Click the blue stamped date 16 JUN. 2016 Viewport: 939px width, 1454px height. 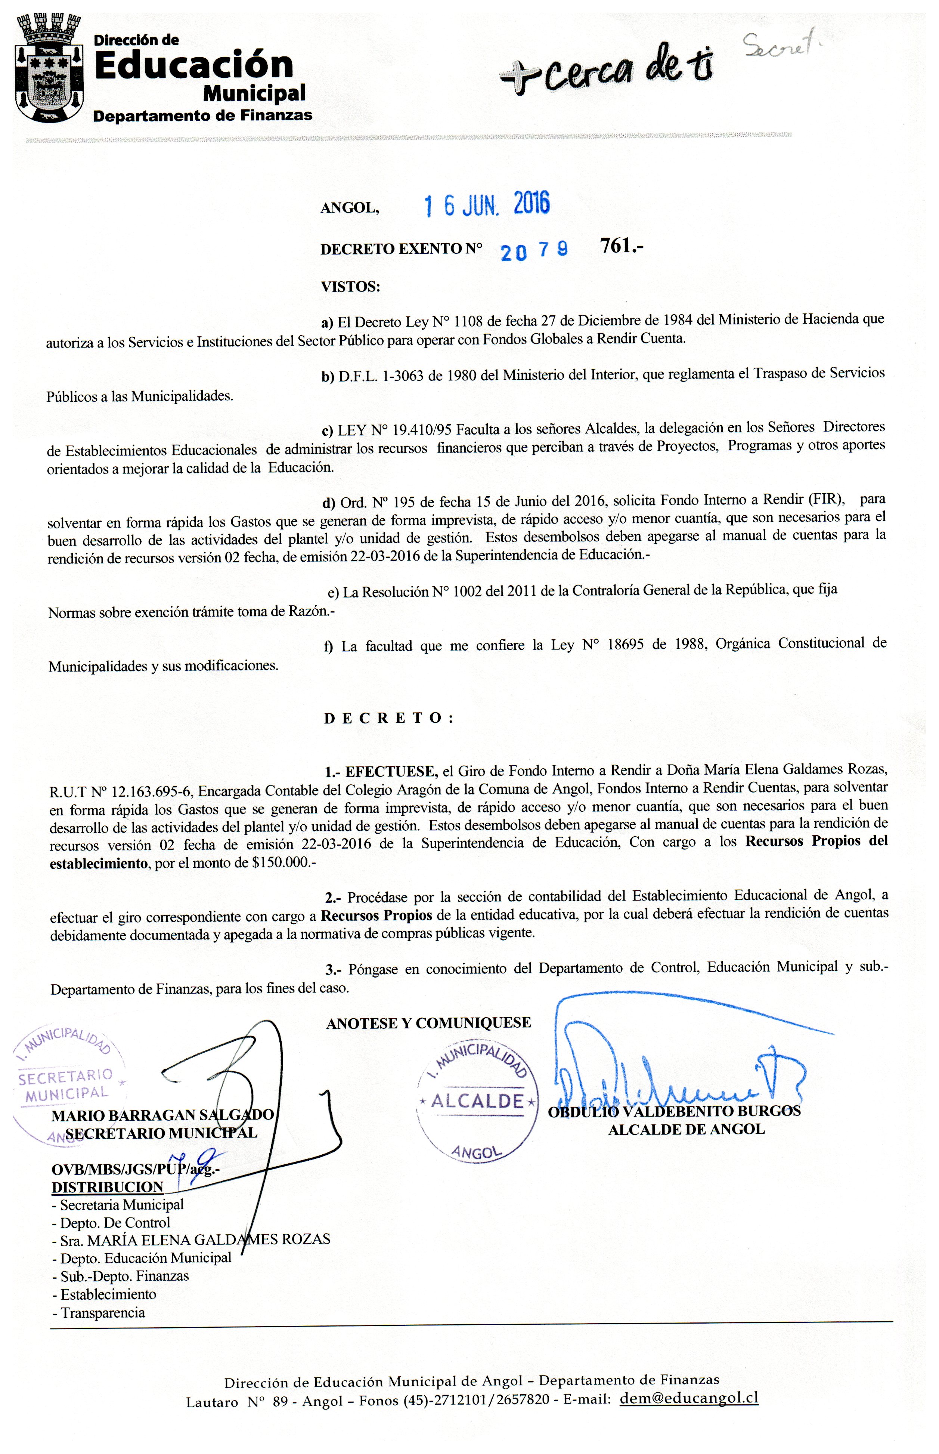click(x=487, y=204)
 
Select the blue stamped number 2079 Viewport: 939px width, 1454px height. click(x=534, y=250)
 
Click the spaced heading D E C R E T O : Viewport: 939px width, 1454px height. click(x=388, y=718)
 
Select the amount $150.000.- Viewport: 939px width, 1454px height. click(x=279, y=863)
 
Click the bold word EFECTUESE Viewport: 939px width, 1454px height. click(x=391, y=772)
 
